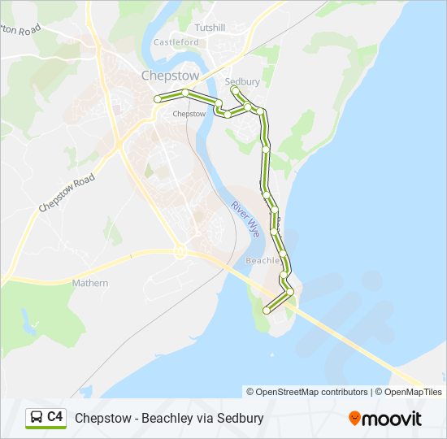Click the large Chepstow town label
click(170, 75)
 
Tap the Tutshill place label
click(210, 28)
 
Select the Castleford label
click(176, 42)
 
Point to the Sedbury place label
click(241, 82)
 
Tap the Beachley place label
click(263, 261)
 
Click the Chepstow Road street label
click(67, 193)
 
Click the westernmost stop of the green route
click(158, 99)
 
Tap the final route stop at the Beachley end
click(267, 310)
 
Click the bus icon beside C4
click(37, 417)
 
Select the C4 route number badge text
click(55, 417)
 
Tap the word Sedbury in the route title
click(241, 419)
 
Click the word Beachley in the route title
click(167, 419)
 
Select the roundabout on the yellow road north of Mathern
click(180, 252)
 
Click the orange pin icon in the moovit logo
click(354, 419)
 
